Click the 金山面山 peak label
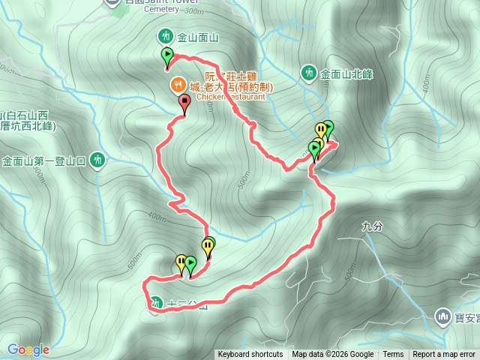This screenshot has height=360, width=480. tap(197, 37)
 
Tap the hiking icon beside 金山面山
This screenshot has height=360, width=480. tap(165, 36)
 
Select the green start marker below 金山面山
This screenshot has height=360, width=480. tap(166, 55)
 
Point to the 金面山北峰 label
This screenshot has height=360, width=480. tap(346, 74)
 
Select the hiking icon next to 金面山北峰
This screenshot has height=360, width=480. tap(309, 73)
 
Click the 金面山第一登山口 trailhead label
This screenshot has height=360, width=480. tap(45, 160)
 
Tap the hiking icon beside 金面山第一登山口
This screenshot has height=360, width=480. tap(97, 160)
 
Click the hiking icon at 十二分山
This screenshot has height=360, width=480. tap(155, 304)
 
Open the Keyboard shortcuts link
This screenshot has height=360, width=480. tap(250, 355)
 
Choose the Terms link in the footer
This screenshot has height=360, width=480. tap(393, 355)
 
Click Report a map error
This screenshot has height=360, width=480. tap(444, 355)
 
